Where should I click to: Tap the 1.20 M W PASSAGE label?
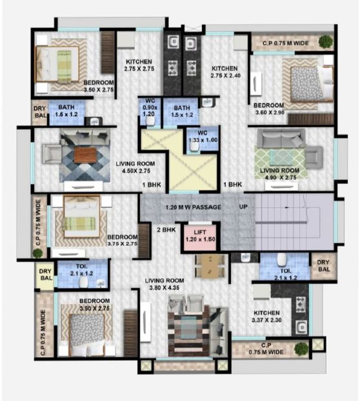click(194, 207)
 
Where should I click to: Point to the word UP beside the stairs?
click(243, 207)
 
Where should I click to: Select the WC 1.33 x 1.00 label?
click(203, 136)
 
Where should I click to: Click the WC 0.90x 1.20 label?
click(150, 107)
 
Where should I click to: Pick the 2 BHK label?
click(166, 230)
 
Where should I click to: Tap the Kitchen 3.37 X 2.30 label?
click(266, 316)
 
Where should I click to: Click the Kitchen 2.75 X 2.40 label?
click(225, 72)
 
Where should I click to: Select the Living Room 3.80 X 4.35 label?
click(165, 284)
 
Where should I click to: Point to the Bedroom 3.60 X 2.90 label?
click(269, 108)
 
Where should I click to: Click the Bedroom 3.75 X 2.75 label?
click(123, 240)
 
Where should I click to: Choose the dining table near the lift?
click(210, 266)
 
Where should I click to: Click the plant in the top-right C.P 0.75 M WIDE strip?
click(326, 41)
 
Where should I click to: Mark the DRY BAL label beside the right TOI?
click(323, 265)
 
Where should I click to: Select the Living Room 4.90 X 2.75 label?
click(280, 174)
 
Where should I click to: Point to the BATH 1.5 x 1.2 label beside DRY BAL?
click(66, 110)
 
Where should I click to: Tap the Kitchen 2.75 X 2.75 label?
click(139, 65)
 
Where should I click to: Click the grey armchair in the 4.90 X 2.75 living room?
click(315, 158)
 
